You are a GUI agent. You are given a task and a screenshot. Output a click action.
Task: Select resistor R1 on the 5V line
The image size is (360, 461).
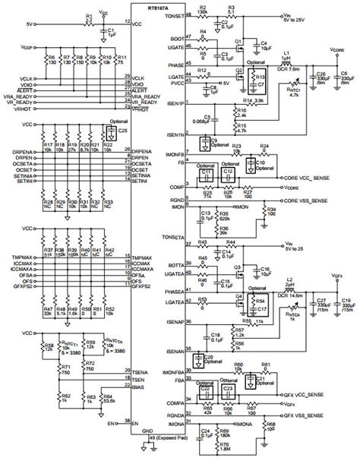(x=90, y=20)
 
